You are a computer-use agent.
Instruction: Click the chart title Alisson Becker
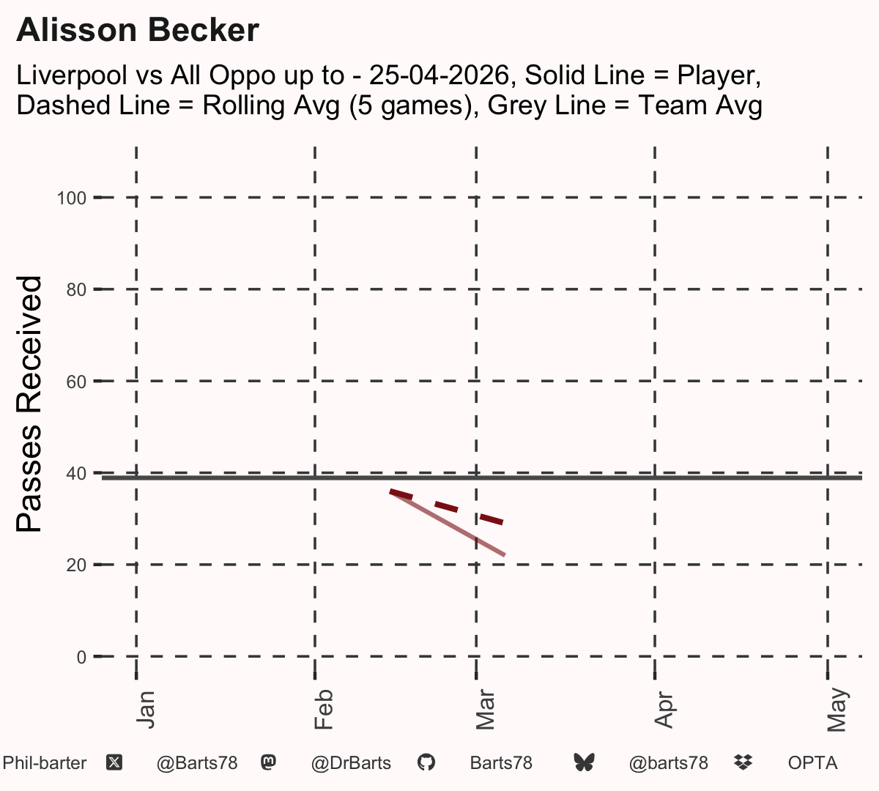pos(138,30)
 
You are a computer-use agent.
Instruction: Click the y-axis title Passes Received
pos(29,404)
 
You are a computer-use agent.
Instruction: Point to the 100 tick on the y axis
pos(72,198)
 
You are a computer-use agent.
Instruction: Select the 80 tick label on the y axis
pos(76,290)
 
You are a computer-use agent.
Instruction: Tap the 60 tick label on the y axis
pos(76,382)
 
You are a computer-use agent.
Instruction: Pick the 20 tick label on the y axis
pos(76,565)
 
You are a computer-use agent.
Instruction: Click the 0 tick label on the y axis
pos(81,657)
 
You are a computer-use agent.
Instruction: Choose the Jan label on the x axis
pos(146,710)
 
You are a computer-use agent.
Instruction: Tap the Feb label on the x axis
pos(324,709)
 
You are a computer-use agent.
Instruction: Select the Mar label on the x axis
pos(485,709)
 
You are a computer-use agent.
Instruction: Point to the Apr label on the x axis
pos(664,710)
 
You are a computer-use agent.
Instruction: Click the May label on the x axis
pos(837,710)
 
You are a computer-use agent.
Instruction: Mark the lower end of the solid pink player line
pos(505,555)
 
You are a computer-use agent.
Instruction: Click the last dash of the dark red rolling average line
pos(492,520)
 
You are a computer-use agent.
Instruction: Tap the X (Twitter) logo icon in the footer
pos(114,763)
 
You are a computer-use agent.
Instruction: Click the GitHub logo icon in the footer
pos(426,762)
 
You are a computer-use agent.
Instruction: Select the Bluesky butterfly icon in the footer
pos(584,762)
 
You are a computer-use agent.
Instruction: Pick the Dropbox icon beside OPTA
pos(743,762)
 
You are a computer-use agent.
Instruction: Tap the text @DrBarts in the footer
pos(351,763)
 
